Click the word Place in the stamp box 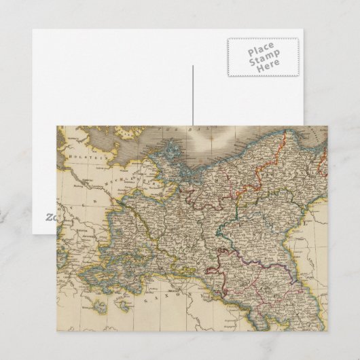point(261,51)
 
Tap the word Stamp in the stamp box point(261,59)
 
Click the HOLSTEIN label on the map point(81,157)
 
